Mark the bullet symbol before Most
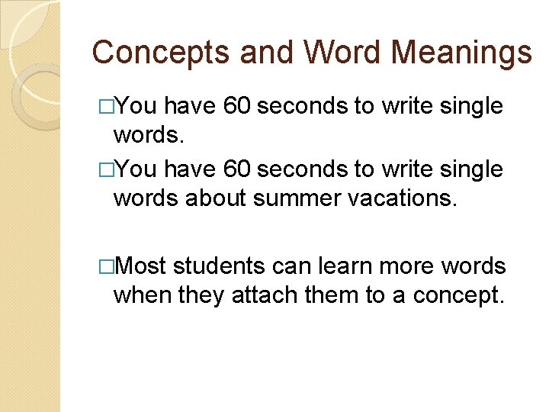coord(107,266)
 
